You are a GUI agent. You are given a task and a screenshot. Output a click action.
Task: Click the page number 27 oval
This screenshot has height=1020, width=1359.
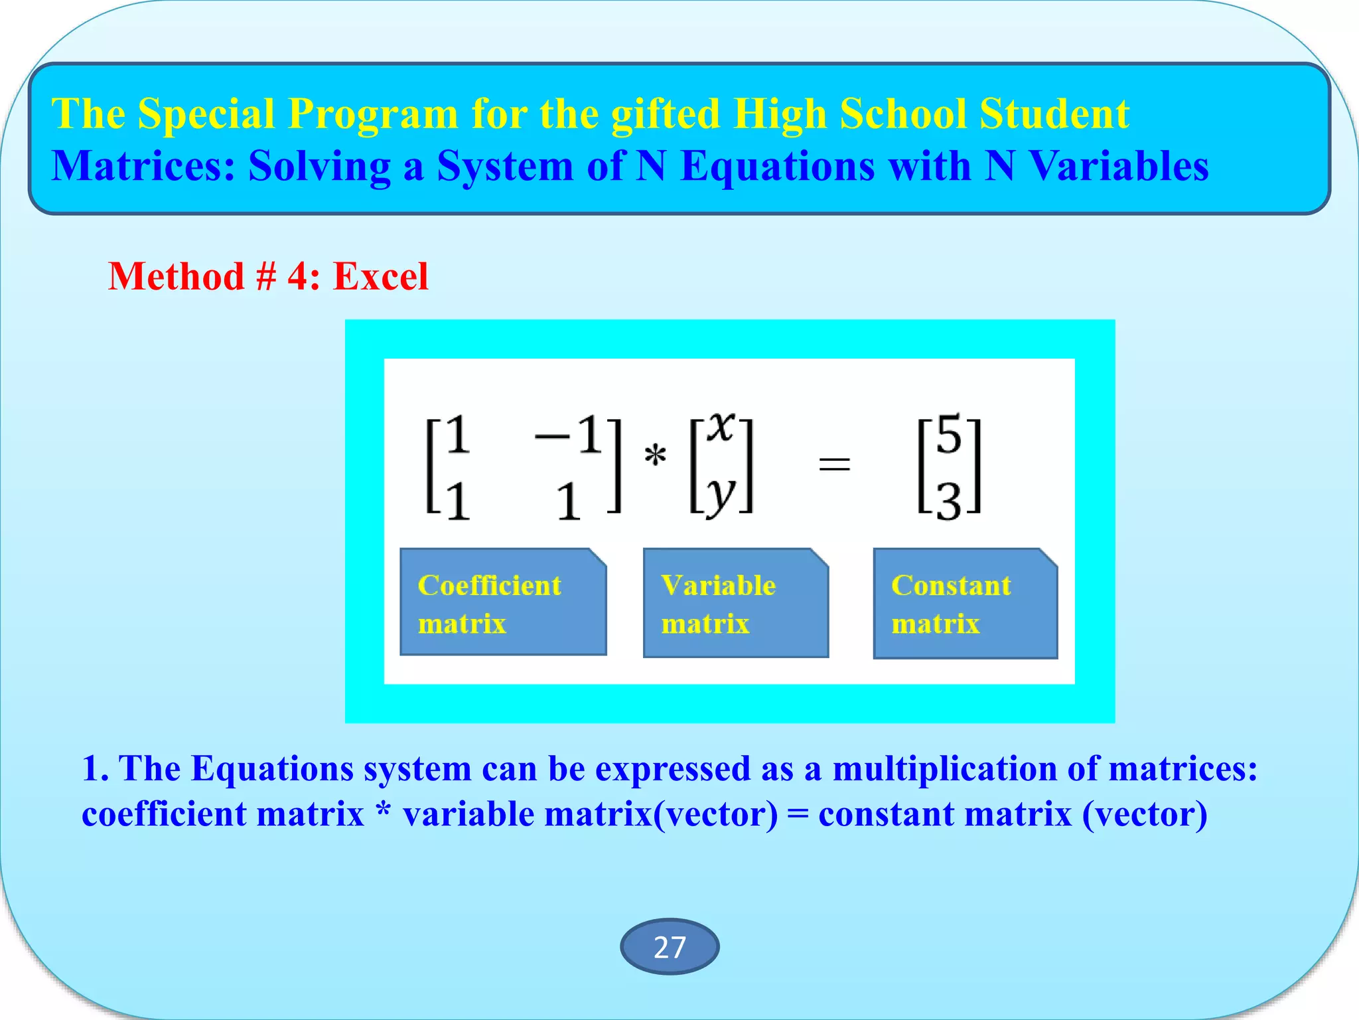[x=669, y=947]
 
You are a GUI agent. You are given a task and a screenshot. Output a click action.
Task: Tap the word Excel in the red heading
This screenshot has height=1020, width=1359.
[x=380, y=276]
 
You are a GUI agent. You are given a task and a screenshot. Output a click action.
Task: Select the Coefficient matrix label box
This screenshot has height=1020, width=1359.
[x=503, y=602]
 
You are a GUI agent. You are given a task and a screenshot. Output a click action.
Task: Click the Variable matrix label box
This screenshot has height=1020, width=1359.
[x=735, y=603]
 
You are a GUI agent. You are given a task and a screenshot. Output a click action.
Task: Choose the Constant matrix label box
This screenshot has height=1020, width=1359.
[x=965, y=603]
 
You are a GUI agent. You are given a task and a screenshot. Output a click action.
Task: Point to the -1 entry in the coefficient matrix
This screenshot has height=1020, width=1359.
[x=569, y=436]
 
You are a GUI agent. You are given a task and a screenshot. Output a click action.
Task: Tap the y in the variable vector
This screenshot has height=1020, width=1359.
[x=721, y=495]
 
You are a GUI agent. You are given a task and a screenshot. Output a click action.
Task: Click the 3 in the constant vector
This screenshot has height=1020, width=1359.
[x=949, y=502]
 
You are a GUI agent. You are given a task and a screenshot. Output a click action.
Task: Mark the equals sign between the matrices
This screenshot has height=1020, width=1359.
[x=834, y=463]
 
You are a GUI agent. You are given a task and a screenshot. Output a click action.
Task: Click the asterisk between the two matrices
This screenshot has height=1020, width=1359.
[x=655, y=456]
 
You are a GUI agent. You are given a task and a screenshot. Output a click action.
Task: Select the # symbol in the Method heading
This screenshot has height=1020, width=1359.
[x=265, y=276]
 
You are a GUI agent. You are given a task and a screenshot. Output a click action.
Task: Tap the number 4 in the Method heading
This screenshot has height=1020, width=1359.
[x=298, y=276]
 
